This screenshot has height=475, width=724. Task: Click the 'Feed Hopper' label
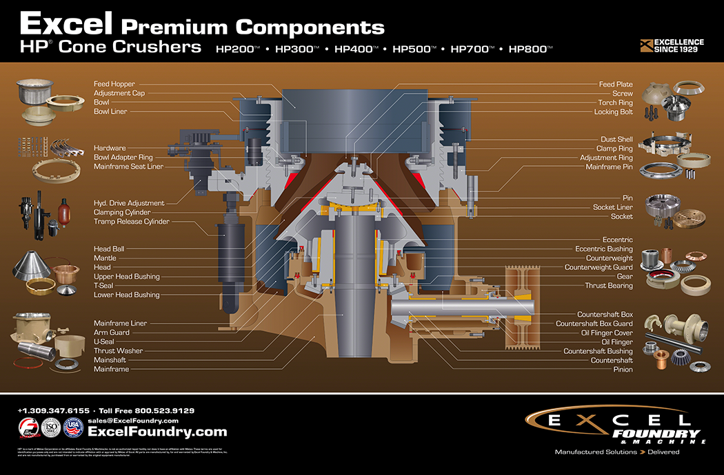114,84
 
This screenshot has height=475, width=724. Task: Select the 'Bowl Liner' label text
110,112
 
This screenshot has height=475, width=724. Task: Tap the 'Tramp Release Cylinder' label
131,222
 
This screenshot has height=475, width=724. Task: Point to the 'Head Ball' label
109,249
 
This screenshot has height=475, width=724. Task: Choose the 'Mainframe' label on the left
111,369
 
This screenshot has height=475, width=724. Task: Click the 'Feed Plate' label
615,84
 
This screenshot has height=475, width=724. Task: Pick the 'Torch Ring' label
615,103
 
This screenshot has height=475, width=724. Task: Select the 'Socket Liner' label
612,207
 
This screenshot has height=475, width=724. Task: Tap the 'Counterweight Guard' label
598,267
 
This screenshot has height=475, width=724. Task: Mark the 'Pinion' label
623,370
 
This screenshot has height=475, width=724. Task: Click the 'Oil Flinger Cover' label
607,332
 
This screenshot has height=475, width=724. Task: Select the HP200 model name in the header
237,49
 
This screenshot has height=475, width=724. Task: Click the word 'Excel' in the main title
66,24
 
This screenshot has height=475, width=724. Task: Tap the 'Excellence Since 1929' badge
672,46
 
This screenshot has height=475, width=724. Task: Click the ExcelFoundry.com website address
157,432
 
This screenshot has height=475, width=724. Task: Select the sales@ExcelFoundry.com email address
133,421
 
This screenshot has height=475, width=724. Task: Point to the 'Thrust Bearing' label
608,286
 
